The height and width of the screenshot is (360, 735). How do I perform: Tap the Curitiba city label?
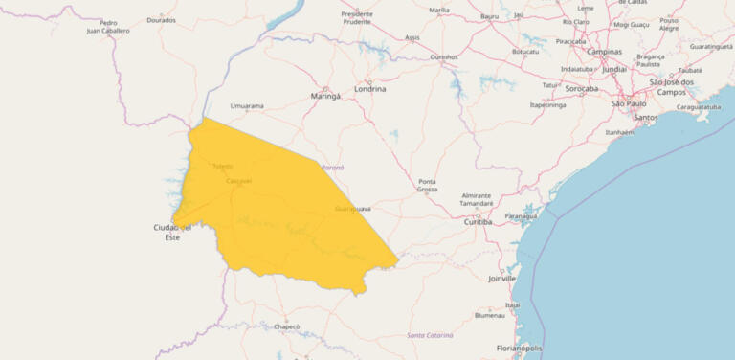click(x=478, y=221)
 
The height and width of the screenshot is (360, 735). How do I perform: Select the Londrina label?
click(x=370, y=89)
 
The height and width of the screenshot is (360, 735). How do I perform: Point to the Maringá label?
click(x=326, y=97)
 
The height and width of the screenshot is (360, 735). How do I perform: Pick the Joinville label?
click(x=501, y=279)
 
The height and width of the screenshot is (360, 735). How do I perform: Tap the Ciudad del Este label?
click(x=172, y=232)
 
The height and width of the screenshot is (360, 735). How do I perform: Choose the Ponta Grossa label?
click(x=427, y=186)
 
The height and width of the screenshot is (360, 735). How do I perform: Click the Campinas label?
click(x=604, y=52)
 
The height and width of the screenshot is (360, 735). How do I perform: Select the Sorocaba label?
click(x=582, y=89)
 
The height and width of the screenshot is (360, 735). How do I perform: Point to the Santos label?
click(x=646, y=118)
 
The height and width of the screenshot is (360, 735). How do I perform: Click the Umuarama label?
click(x=247, y=106)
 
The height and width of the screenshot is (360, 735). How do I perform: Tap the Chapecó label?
click(x=287, y=326)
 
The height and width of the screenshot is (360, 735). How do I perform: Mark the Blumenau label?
click(x=489, y=315)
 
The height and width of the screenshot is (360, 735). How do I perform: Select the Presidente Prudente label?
click(x=357, y=18)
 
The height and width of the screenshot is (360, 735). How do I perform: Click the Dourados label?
click(x=162, y=20)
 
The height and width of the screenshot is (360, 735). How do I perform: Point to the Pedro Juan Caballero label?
click(x=108, y=27)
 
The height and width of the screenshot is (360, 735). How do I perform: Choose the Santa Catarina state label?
click(x=430, y=335)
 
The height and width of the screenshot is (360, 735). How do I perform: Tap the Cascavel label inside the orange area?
click(x=238, y=181)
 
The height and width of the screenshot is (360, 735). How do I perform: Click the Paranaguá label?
click(x=522, y=216)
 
